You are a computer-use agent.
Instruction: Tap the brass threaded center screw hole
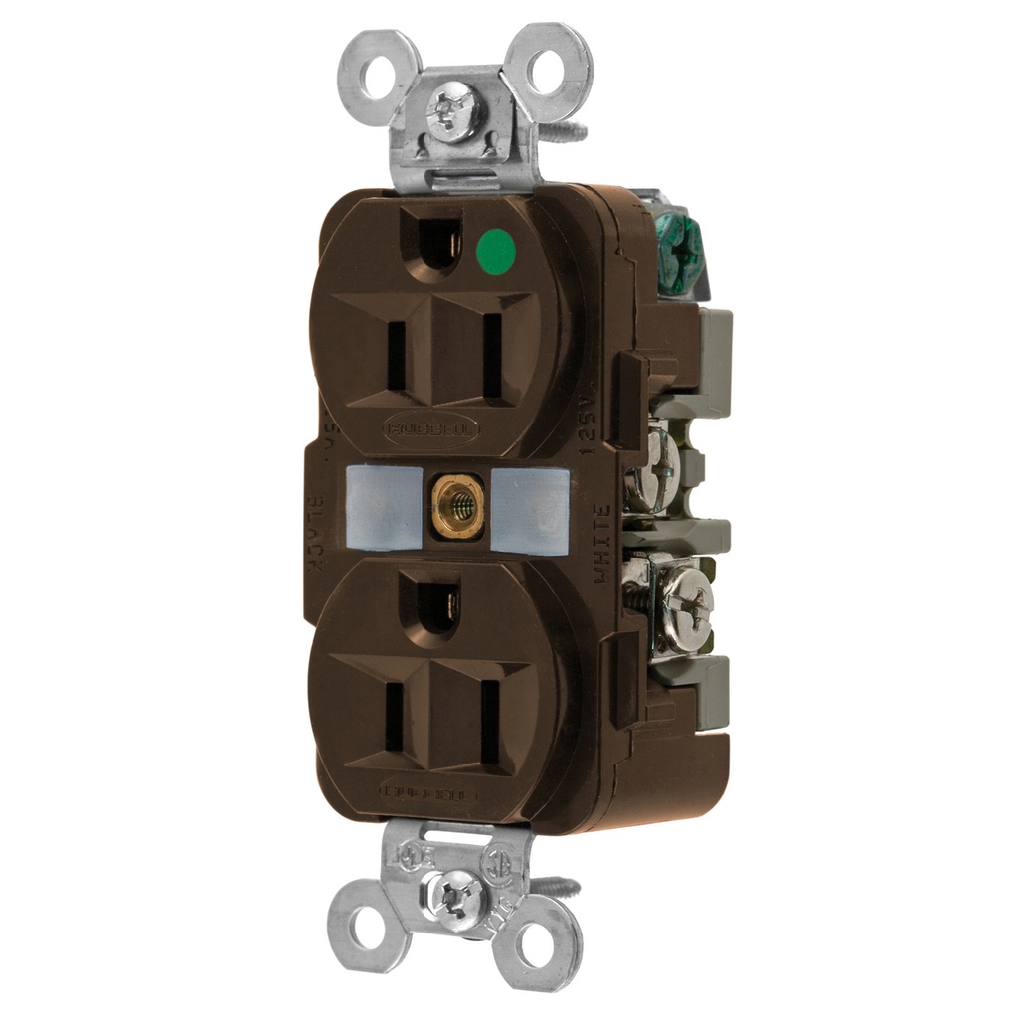click(458, 506)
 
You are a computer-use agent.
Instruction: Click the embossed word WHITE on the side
click(602, 543)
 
